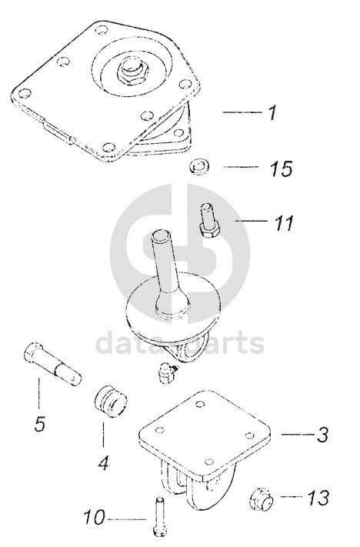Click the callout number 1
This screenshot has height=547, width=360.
tap(272, 112)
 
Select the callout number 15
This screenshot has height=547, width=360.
tap(281, 168)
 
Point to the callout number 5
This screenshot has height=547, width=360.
tap(40, 423)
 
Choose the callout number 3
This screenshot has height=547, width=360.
tap(322, 435)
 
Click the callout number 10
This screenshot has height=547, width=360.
tap(94, 516)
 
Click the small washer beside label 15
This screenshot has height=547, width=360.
tap(199, 167)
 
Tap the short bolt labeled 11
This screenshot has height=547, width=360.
tap(209, 221)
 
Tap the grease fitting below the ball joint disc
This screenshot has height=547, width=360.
tap(165, 372)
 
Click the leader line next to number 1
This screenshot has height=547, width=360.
tap(242, 112)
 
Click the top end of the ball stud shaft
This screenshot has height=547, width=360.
tap(161, 234)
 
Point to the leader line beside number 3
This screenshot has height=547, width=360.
tap(298, 435)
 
